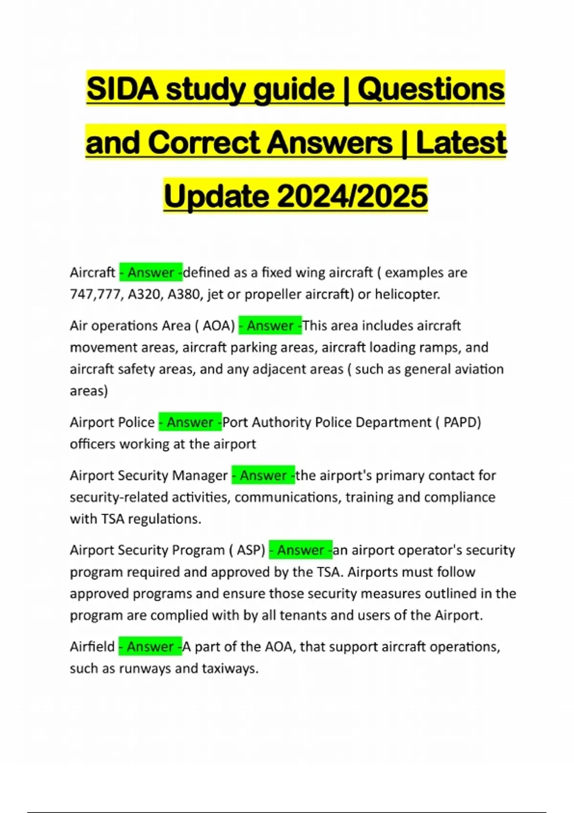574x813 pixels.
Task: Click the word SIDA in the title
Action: coord(122,89)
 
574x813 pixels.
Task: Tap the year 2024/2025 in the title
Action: coord(352,196)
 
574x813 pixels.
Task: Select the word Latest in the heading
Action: coord(461,143)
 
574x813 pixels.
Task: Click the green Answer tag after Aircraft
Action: coord(151,273)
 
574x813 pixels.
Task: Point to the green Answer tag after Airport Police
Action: coord(190,422)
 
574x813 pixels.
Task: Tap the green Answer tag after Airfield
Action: coord(150,647)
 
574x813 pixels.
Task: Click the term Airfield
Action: coord(92,647)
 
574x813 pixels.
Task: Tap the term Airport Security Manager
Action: coord(149,475)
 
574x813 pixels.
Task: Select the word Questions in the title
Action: coord(431,89)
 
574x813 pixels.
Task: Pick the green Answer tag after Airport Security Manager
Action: coord(263,475)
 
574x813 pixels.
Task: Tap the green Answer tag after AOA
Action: coord(270,326)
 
